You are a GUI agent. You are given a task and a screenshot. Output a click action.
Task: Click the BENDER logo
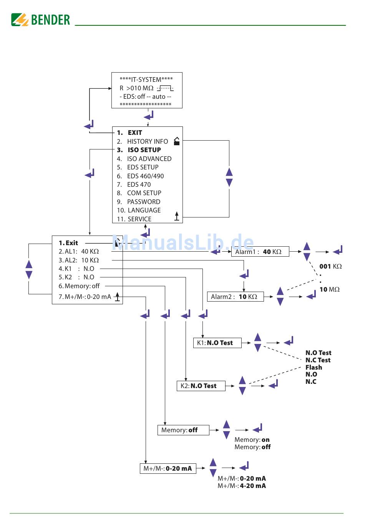point(41,20)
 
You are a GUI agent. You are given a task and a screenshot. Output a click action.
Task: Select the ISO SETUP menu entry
point(144,150)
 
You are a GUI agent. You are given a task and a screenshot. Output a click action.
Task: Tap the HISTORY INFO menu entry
point(147,141)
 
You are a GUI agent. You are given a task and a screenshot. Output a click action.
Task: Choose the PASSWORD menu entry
point(143,202)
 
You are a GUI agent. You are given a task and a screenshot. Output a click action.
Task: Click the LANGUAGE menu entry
point(144,210)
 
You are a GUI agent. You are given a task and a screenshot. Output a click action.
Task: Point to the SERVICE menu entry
point(139,219)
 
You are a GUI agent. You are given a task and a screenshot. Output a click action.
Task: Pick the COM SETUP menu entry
point(144,193)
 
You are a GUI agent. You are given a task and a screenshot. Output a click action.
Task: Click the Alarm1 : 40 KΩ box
point(260,252)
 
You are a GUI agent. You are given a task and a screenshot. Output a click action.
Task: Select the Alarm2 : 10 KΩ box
point(235,297)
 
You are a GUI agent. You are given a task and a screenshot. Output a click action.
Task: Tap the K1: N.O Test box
point(217,343)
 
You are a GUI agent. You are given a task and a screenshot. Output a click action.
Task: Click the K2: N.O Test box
point(201,386)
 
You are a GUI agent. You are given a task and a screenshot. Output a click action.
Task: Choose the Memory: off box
point(183,430)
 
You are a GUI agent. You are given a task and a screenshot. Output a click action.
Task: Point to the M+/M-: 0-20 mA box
point(168,468)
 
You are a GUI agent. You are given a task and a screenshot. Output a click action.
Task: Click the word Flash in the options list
point(314,367)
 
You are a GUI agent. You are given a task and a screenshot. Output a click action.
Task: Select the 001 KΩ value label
point(330,266)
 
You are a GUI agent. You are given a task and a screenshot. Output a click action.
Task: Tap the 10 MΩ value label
point(329,289)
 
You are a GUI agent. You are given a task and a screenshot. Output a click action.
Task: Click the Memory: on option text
point(252,440)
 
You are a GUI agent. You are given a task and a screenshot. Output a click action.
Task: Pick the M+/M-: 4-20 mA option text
point(242,486)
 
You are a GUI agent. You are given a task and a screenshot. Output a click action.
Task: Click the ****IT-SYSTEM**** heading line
point(146,80)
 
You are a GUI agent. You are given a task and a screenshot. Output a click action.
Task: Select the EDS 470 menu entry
point(139,184)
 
